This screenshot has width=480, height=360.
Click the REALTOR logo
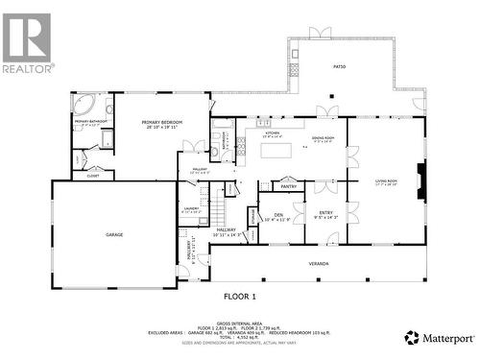point(27,43)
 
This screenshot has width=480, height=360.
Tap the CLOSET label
point(93,176)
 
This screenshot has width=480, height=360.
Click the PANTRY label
point(288,185)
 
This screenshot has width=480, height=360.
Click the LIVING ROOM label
point(385,180)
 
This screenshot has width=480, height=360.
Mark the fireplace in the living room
point(420,178)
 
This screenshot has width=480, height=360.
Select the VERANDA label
point(318,263)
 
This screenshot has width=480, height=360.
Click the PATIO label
point(339,67)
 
